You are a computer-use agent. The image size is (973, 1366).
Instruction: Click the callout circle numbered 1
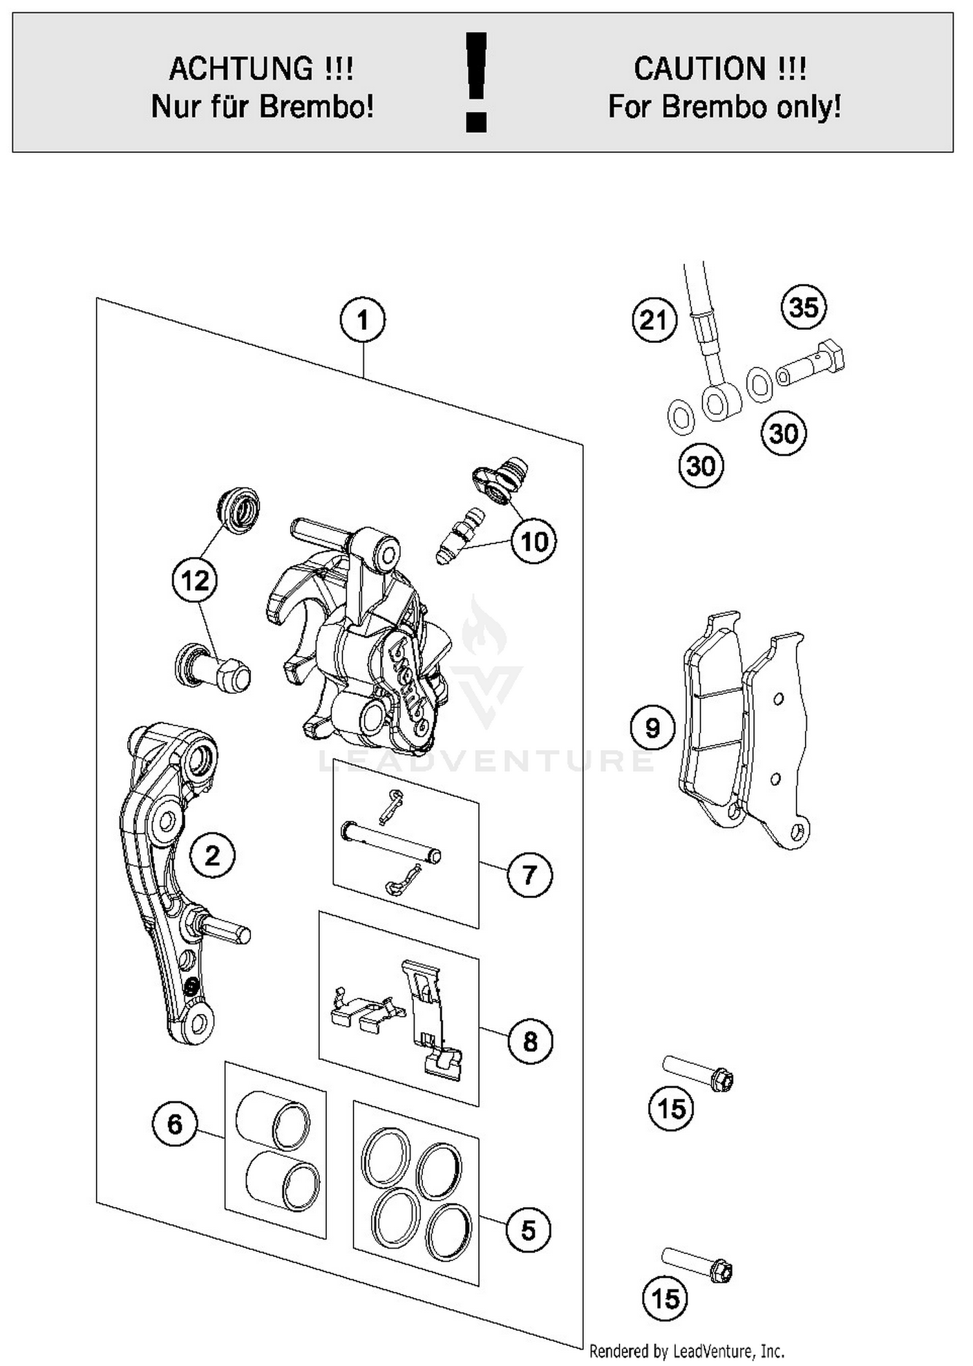pos(362,320)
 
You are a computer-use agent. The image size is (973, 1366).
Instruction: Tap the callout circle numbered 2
pos(212,856)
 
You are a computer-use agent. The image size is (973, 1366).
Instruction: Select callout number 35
pos(804,307)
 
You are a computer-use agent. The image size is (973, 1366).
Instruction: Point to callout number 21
pos(654,320)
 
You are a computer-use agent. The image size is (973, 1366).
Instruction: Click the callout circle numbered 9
pos(653,728)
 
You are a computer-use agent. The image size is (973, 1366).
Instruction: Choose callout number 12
pos(195,581)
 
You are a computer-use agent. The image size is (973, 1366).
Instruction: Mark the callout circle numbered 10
pos(534,541)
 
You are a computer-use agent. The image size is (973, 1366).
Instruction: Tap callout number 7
pos(529,875)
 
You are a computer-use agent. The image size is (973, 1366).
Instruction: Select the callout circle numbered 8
pos(529,1042)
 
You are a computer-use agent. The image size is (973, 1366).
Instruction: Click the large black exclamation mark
pos(477,82)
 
